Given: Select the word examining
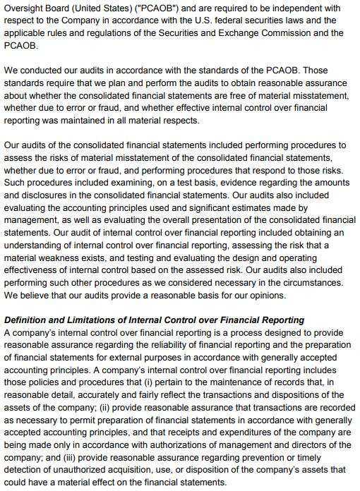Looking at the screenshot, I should (x=143, y=183).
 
